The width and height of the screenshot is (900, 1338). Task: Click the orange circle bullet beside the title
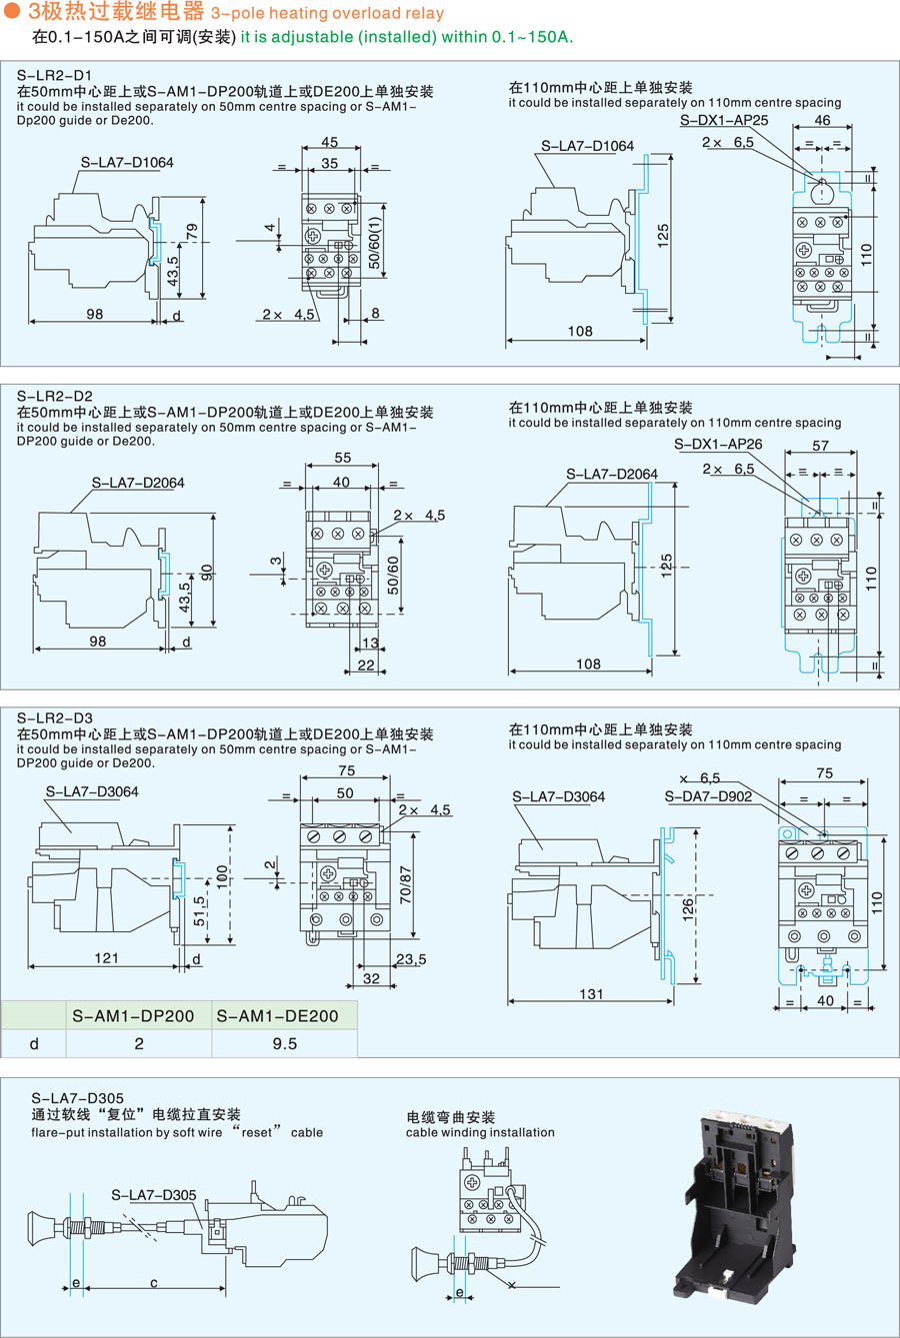[13, 13]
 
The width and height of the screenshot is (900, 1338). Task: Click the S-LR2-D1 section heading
[55, 75]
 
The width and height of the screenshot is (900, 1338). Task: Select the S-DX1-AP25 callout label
[724, 120]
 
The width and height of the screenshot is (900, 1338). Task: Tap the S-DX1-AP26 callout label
[718, 444]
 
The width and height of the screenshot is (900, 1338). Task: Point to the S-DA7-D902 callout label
[708, 796]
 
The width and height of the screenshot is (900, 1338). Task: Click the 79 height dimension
[191, 232]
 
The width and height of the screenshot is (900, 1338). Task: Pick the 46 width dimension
[822, 120]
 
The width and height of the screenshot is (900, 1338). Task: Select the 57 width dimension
[821, 445]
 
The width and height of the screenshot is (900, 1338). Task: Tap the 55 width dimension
[342, 458]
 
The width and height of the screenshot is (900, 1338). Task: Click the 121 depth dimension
[106, 957]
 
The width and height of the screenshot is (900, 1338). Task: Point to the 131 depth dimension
[591, 993]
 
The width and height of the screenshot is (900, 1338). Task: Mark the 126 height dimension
[687, 910]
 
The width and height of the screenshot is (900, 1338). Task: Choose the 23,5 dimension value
[410, 959]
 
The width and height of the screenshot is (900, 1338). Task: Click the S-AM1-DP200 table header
[133, 1015]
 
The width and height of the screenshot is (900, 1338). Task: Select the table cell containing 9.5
[285, 1043]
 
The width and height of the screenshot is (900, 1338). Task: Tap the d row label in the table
[34, 1043]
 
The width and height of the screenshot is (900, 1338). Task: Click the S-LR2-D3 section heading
[55, 717]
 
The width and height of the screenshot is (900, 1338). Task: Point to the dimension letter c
[153, 1282]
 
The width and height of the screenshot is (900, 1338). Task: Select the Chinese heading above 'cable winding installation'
[451, 1116]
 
